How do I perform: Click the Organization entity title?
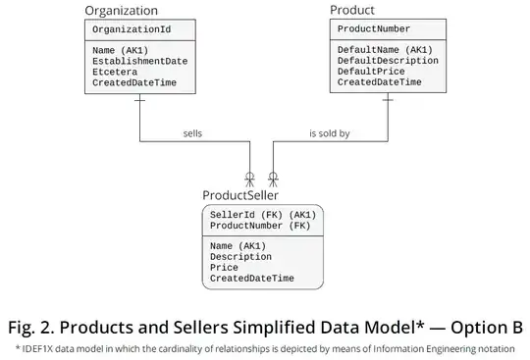[121, 11]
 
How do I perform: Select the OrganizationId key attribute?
[132, 30]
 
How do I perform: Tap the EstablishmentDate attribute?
[140, 61]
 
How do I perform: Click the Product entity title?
[352, 10]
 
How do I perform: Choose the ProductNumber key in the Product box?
[374, 29]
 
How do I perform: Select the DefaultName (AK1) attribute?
[385, 49]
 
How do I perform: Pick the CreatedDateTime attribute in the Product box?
[380, 82]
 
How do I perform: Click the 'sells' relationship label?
[192, 133]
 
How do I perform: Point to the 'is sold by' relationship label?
[329, 133]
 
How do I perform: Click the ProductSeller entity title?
[240, 195]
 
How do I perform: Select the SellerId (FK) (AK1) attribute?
[261, 214]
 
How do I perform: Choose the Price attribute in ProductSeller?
[225, 267]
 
